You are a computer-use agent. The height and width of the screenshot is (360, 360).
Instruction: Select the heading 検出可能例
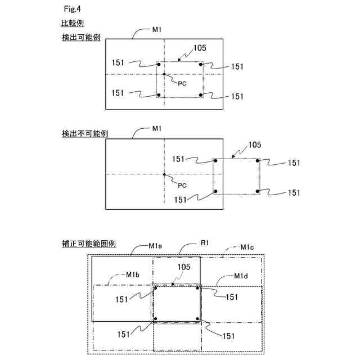[81, 38]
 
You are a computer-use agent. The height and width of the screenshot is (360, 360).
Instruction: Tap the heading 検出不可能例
[85, 134]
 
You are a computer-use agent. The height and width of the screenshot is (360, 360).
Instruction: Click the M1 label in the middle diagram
[157, 129]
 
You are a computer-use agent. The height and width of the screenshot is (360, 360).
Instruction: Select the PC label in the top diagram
[182, 83]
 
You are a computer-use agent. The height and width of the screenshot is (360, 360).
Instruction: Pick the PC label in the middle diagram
[182, 184]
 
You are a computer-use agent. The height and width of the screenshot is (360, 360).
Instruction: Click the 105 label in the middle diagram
[255, 145]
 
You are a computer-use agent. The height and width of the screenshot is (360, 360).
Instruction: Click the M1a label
[156, 246]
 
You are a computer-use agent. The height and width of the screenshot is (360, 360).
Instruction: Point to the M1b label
[132, 274]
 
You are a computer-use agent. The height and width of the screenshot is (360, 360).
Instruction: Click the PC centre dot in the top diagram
[164, 74]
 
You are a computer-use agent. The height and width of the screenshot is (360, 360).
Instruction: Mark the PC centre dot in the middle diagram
[164, 175]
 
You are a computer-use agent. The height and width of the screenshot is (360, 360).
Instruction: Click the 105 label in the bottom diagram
[184, 268]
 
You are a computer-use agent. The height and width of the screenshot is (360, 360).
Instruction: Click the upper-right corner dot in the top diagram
[201, 65]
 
